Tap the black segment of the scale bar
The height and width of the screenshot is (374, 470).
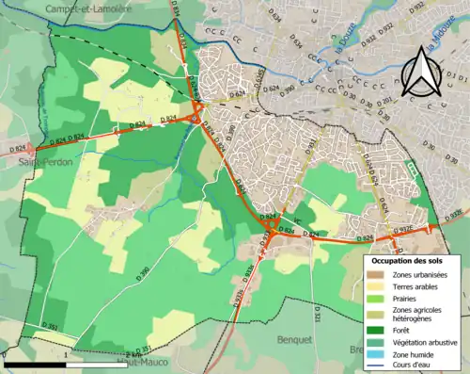click(34, 364)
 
